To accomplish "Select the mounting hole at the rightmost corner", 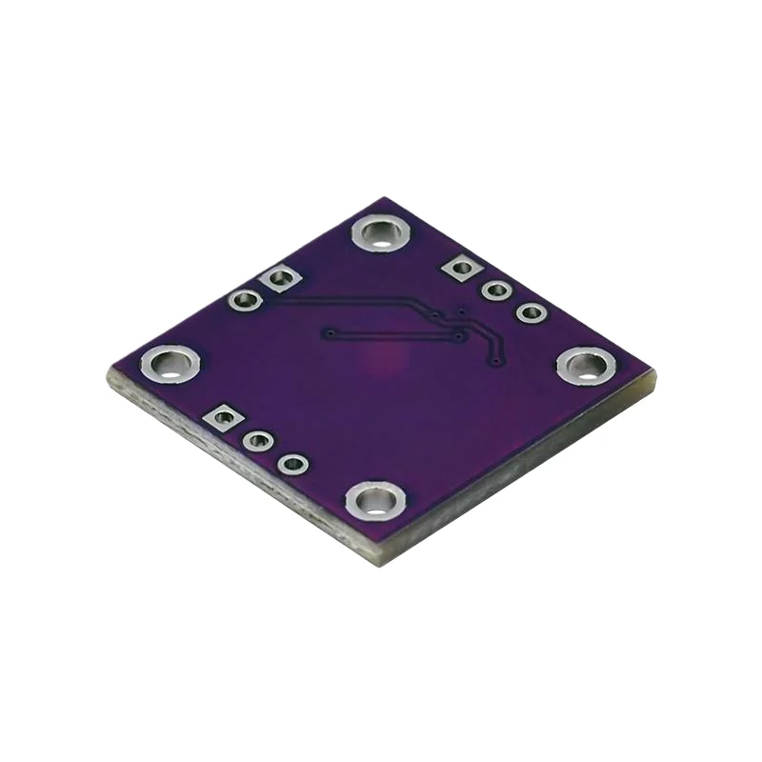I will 585,366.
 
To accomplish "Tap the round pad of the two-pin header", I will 246,301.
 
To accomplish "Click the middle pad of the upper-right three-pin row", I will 495,291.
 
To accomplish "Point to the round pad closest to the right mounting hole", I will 531,312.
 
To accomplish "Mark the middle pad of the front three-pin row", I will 257,441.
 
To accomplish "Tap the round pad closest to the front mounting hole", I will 293,465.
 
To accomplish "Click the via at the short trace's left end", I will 329,333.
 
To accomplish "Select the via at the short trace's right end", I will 460,335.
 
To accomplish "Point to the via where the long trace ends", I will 496,362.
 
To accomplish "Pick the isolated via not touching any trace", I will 462,311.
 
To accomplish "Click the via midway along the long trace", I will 433,313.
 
